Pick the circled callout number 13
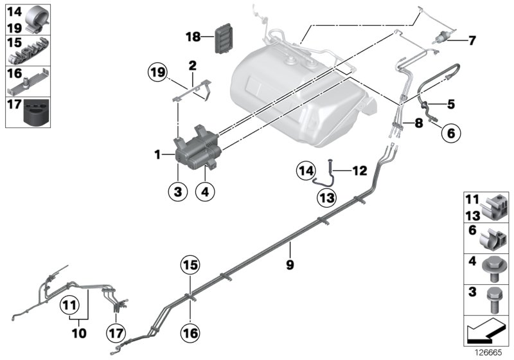[x=326, y=197]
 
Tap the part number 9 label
[x=290, y=264]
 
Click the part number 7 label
[x=472, y=41]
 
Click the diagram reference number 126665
[x=490, y=353]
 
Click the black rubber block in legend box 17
[x=37, y=113]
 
